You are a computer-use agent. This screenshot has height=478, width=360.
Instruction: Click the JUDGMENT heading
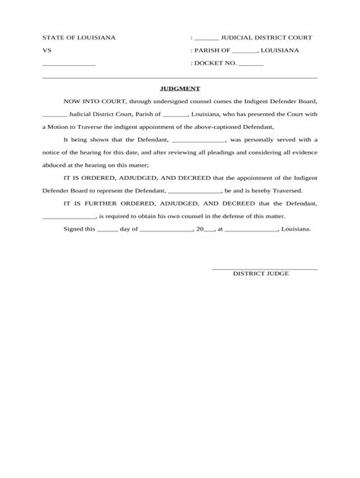tap(180, 88)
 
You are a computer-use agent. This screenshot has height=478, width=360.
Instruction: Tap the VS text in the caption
tap(46, 50)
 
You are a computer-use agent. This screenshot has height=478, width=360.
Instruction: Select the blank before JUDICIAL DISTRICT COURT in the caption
tap(207, 38)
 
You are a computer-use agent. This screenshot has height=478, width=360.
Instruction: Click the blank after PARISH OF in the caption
tap(245, 51)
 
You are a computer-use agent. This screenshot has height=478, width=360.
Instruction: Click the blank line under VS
tap(68, 65)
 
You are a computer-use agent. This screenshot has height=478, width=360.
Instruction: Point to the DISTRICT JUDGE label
tap(261, 272)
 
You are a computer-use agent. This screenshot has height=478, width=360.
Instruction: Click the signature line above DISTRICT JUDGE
tap(264, 268)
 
